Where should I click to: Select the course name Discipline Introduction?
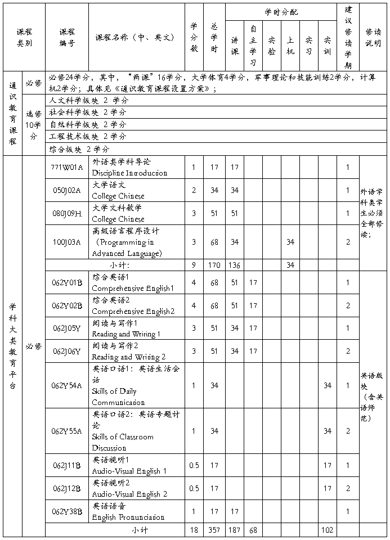coord(129,173)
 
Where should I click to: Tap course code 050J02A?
coord(66,190)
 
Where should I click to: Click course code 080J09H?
coord(66,213)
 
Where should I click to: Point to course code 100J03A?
coord(66,242)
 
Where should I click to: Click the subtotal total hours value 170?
coord(214,265)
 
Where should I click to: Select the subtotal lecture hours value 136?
coord(235,265)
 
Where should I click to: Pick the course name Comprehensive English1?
coord(133,288)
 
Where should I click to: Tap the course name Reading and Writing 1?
coord(126,334)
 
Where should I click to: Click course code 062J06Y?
coord(66,351)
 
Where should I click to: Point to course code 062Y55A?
coord(66,431)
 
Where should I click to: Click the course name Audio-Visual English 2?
coord(129,494)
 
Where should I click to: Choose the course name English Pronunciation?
coord(128,517)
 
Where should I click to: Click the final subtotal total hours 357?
coord(214,530)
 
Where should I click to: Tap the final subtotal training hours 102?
coord(327,530)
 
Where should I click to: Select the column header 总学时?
coord(214,37)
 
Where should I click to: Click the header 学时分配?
coord(281,11)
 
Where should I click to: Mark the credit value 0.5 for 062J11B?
coord(194,465)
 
